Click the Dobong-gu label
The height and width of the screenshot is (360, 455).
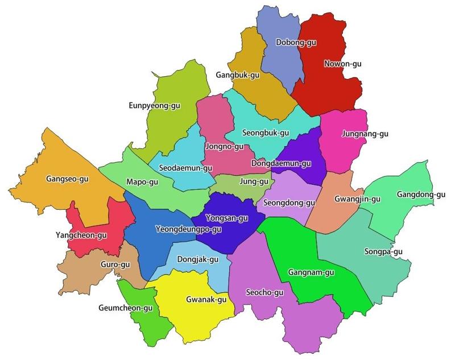(296, 42)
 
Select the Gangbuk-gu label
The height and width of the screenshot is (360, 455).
(237, 75)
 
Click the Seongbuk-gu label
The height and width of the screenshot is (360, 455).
(266, 133)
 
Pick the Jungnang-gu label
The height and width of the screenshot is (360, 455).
(365, 134)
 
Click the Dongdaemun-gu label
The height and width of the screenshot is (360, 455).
(281, 164)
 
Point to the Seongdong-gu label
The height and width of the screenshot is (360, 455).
(289, 202)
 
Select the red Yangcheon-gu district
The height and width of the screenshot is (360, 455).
(91, 227)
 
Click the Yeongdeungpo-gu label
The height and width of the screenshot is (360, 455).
(188, 229)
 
